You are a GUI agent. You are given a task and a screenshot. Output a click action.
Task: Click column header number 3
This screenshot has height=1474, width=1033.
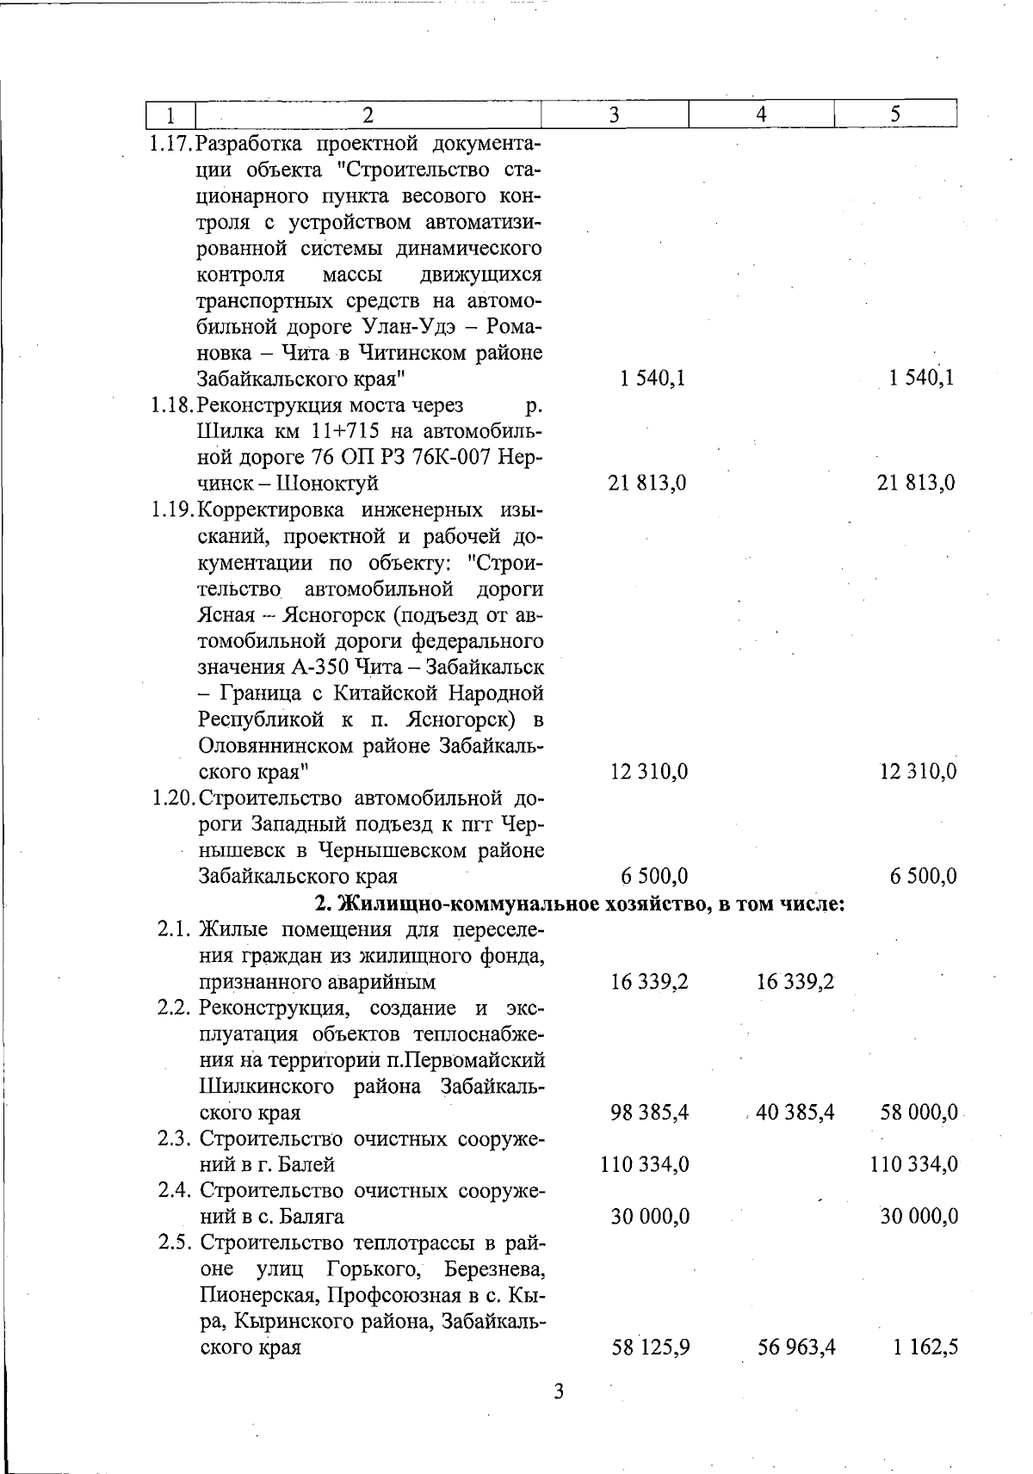click(615, 114)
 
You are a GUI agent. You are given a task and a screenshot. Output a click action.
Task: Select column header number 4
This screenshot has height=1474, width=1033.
click(762, 114)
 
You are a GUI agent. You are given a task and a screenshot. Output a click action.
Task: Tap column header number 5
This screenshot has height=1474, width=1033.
click(896, 114)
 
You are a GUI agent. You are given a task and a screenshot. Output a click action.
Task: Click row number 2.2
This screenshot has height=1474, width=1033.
click(177, 1008)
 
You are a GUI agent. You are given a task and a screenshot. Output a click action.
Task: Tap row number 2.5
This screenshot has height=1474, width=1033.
click(177, 1243)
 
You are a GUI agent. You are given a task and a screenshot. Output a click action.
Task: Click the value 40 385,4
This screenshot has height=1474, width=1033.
click(795, 1113)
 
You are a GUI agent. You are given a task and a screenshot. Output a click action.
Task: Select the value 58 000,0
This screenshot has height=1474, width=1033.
click(919, 1113)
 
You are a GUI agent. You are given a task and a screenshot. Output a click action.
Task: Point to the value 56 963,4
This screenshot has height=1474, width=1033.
click(796, 1347)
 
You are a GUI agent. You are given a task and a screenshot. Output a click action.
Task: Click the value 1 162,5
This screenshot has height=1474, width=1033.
click(925, 1347)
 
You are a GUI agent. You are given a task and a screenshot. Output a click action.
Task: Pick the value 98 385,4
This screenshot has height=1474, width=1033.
click(648, 1113)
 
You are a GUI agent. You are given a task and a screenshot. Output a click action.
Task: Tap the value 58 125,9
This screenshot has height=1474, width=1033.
click(649, 1347)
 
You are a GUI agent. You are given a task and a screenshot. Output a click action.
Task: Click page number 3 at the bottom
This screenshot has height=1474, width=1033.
click(558, 1391)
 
